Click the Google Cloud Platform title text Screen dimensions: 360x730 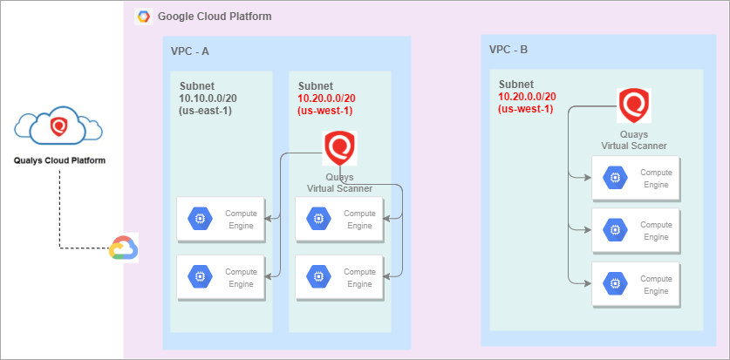[215, 17]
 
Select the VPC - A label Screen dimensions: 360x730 [190, 51]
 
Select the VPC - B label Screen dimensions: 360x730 [508, 50]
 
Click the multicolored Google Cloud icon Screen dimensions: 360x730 [123, 248]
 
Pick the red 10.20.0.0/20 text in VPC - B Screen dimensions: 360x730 [527, 96]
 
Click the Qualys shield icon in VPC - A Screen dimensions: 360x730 [338, 148]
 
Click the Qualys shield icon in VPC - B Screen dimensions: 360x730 [634, 105]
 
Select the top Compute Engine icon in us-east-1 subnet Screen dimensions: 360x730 [199, 220]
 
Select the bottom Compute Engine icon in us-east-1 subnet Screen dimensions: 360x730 [199, 277]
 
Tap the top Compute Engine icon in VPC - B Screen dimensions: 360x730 [615, 178]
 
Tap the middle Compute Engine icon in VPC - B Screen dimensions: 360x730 [615, 230]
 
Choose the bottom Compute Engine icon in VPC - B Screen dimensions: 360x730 [615, 283]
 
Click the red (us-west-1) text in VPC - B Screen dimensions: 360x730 [525, 109]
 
